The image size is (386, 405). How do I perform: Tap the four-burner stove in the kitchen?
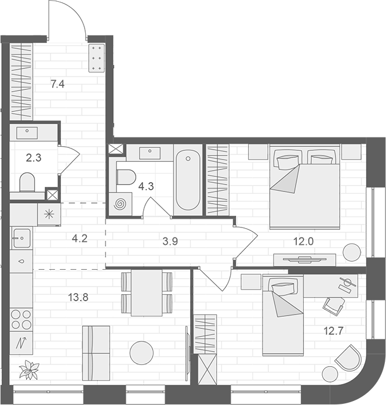21,319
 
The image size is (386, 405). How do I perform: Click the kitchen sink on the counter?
21,237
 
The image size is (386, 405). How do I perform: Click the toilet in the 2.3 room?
27,182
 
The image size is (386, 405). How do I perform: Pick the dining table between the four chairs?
146,293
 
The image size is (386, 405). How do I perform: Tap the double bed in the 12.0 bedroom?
304,187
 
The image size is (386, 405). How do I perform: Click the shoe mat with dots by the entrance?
96,58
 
